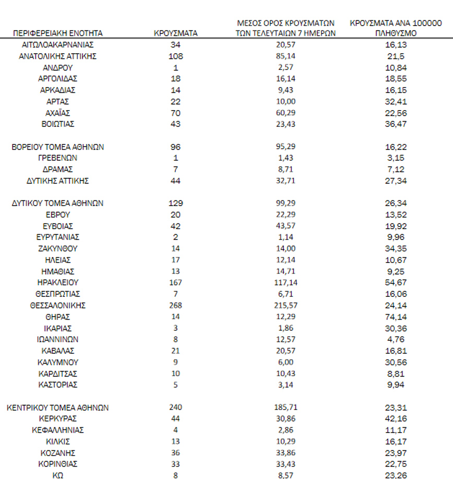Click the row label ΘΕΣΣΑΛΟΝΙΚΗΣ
pos(58,305)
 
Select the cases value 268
pos(176,305)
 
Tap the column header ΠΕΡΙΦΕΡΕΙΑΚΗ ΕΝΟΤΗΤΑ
pos(58,33)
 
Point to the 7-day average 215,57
pos(285,305)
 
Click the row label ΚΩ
pos(58,475)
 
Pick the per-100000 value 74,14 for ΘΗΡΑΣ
pos(395,317)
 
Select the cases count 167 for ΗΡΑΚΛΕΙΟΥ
pos(176,282)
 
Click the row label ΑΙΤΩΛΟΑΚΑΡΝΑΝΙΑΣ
pos(58,45)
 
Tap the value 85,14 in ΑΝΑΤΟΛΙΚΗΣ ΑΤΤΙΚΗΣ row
pos(285,56)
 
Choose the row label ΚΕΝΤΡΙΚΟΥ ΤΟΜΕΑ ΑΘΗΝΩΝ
pos(58,408)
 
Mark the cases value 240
pos(176,408)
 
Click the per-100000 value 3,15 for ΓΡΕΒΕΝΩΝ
pos(395,158)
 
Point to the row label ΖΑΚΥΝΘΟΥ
pos(58,248)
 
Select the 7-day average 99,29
pos(285,203)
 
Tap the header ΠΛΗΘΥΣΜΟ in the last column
pos(395,33)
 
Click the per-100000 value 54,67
pos(395,282)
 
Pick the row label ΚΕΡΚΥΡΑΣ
pos(58,418)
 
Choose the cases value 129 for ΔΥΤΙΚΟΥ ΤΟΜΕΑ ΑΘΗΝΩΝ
pos(176,203)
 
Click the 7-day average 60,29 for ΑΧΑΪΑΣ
pos(285,113)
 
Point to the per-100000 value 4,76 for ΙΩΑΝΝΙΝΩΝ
pos(395,339)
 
